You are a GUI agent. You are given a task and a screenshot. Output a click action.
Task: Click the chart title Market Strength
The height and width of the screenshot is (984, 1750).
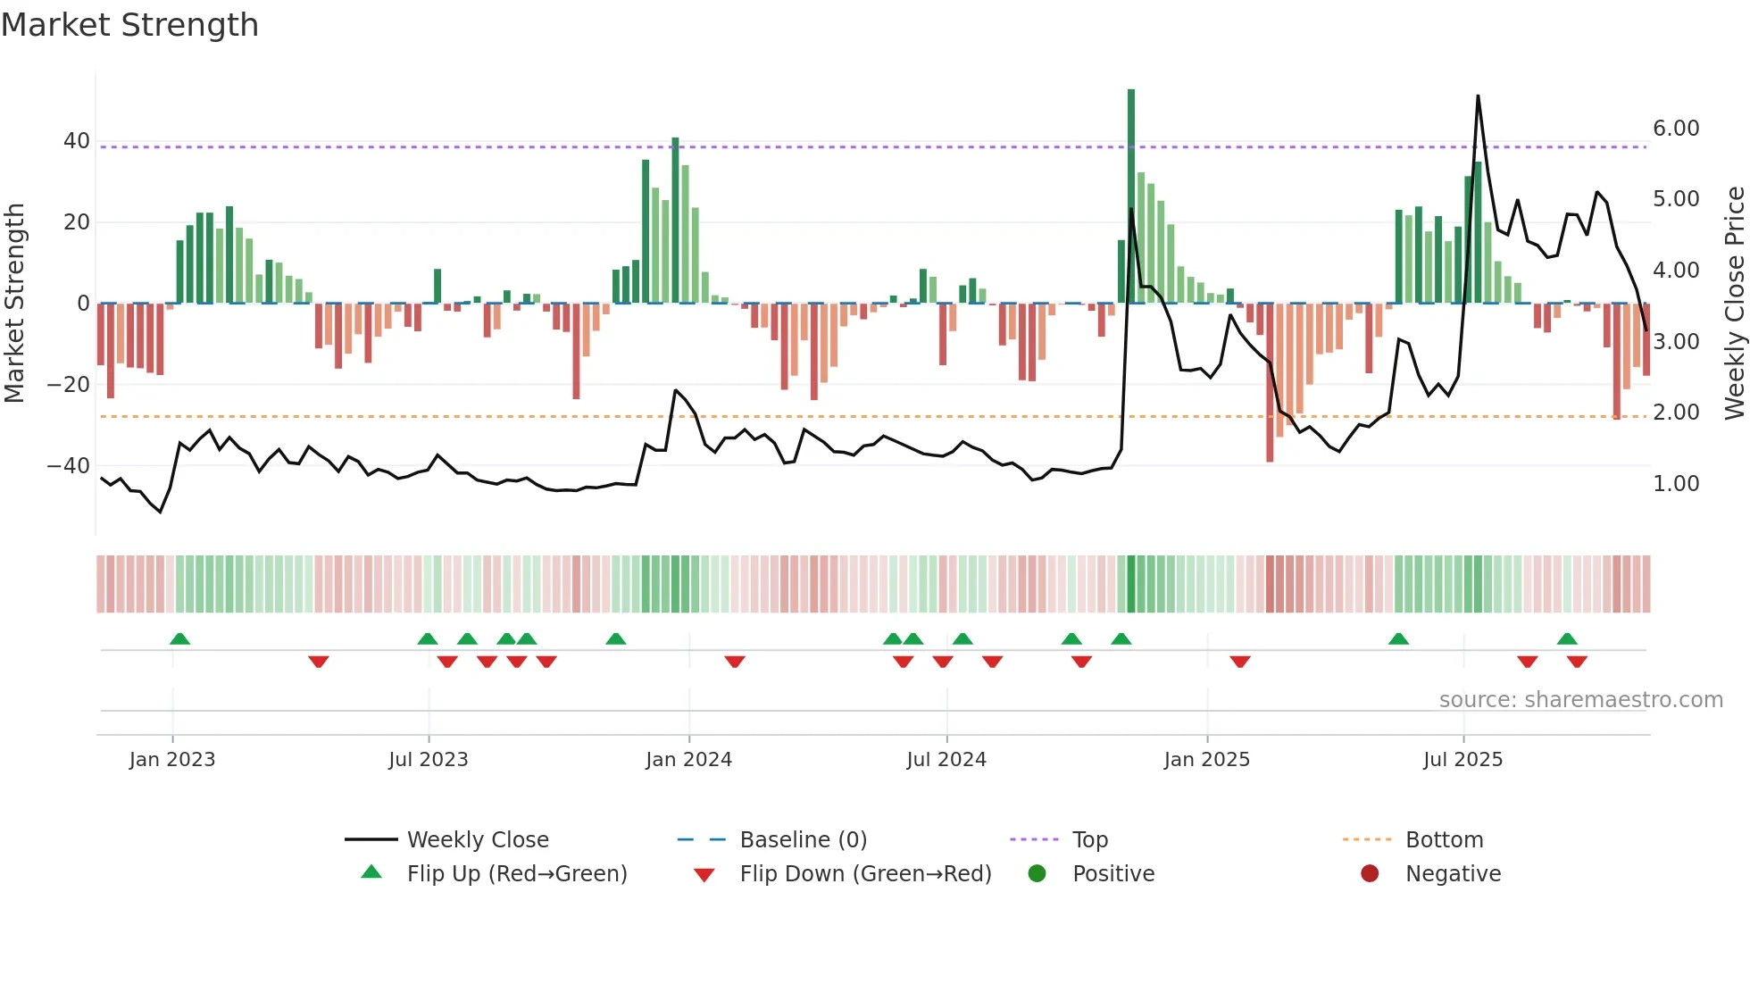130,25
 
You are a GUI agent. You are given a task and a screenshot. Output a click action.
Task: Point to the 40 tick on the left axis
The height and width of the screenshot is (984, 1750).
77,141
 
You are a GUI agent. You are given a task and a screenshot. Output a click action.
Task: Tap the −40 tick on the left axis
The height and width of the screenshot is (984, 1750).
69,466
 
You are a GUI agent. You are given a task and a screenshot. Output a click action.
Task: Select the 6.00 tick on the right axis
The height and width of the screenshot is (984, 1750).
1676,129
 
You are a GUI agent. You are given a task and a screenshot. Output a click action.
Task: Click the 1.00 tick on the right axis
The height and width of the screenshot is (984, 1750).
1676,484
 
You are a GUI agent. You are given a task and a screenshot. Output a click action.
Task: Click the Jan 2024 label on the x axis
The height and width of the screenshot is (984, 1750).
688,760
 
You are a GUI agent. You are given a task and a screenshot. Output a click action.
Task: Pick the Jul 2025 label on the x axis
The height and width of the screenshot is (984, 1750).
1462,760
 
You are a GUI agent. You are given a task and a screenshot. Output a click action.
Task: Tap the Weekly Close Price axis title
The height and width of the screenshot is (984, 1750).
1734,304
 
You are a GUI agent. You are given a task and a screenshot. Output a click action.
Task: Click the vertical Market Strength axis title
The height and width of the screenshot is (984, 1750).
14,304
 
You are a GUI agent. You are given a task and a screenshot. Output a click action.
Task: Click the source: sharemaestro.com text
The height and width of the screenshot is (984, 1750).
1580,700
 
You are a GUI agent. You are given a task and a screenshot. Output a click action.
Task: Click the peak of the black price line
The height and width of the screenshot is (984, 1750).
1478,96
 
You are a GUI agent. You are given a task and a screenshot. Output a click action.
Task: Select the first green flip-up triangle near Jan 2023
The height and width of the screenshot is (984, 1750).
179,638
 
